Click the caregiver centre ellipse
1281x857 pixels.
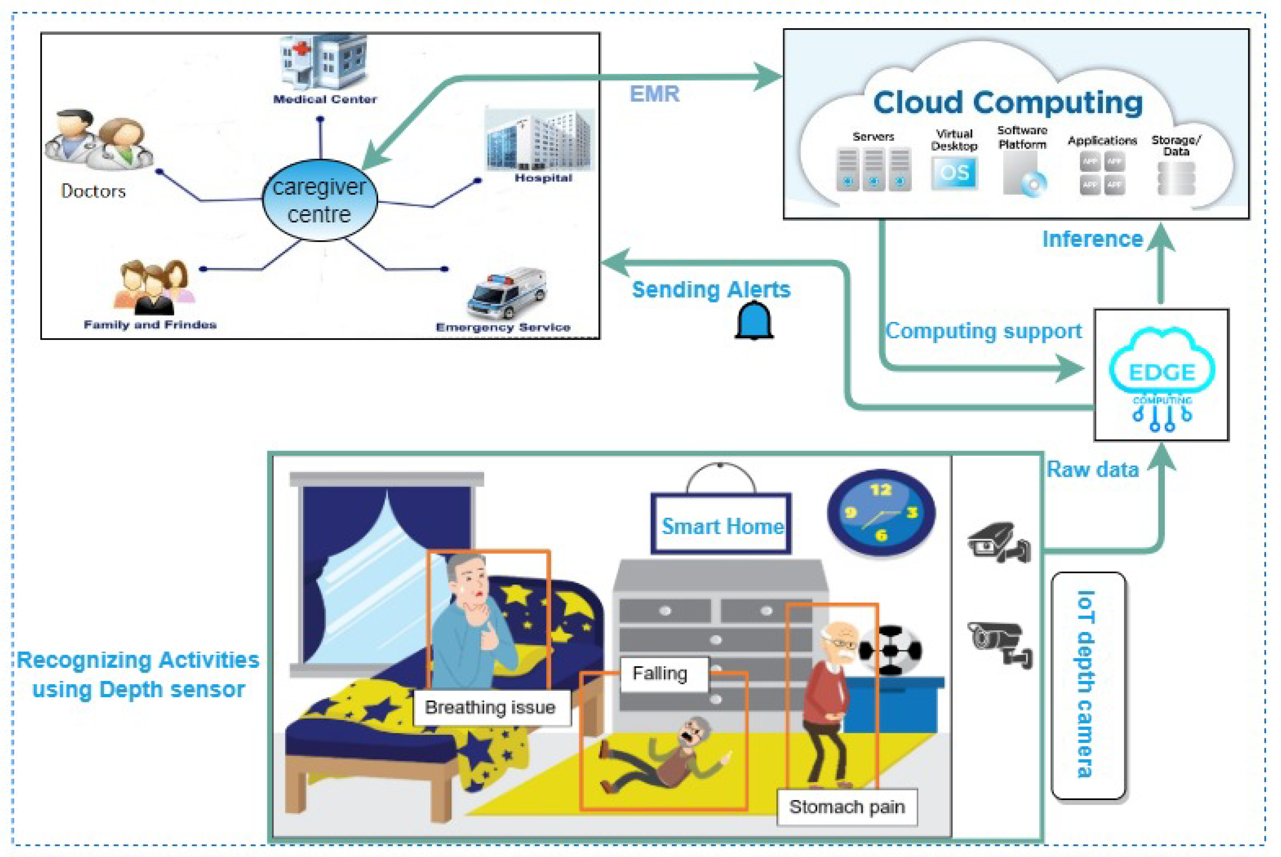click(x=319, y=200)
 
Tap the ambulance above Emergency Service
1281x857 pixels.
click(x=507, y=292)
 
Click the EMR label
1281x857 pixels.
click(x=654, y=94)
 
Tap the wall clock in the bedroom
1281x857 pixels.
click(x=881, y=512)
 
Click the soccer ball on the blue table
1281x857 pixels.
click(x=890, y=650)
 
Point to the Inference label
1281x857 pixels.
click(x=1092, y=239)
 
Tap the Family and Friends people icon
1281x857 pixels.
click(x=153, y=286)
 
